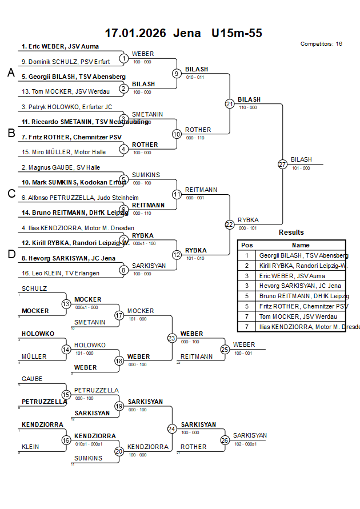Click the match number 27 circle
(x=282, y=164)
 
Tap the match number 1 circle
(x=123, y=58)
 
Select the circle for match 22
(x=230, y=225)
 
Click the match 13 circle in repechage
(x=66, y=304)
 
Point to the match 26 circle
(x=225, y=440)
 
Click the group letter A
(x=11, y=73)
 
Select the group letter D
(x=11, y=254)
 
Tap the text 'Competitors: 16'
(x=321, y=44)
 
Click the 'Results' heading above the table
(x=291, y=233)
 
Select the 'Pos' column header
(x=247, y=245)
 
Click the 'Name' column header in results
(x=301, y=245)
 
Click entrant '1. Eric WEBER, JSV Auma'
(x=60, y=46)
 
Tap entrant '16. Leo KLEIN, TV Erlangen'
(x=60, y=273)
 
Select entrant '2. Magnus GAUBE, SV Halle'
(x=61, y=167)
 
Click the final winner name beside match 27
(x=301, y=160)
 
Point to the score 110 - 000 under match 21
(x=247, y=107)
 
